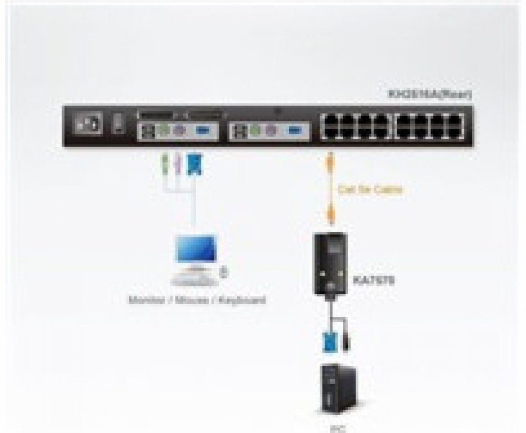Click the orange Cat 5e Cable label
coord(370,189)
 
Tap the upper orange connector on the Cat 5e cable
coord(330,160)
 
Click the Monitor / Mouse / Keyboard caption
coord(197,301)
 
